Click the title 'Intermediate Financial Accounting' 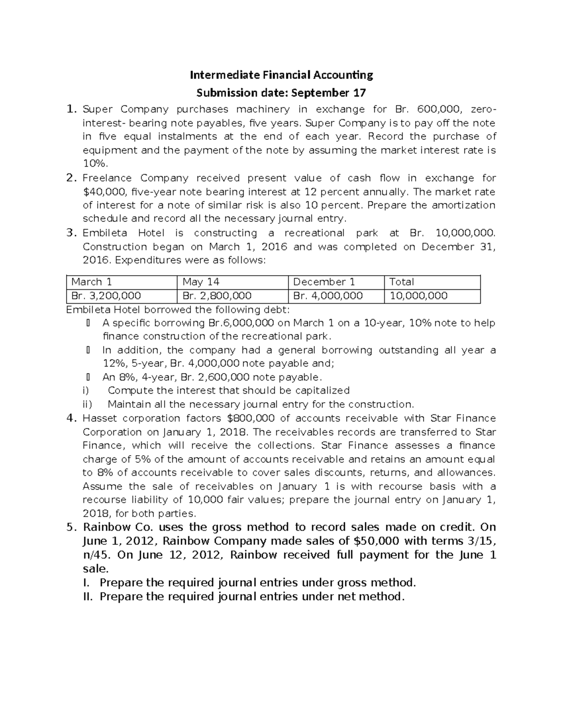281,75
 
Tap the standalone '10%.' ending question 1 95,164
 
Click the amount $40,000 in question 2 105,191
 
